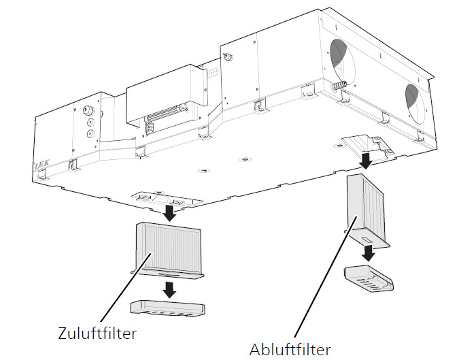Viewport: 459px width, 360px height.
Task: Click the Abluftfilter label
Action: pos(290,349)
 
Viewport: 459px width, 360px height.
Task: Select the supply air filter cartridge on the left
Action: pos(167,249)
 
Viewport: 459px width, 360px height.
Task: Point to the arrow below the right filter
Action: pos(369,252)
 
